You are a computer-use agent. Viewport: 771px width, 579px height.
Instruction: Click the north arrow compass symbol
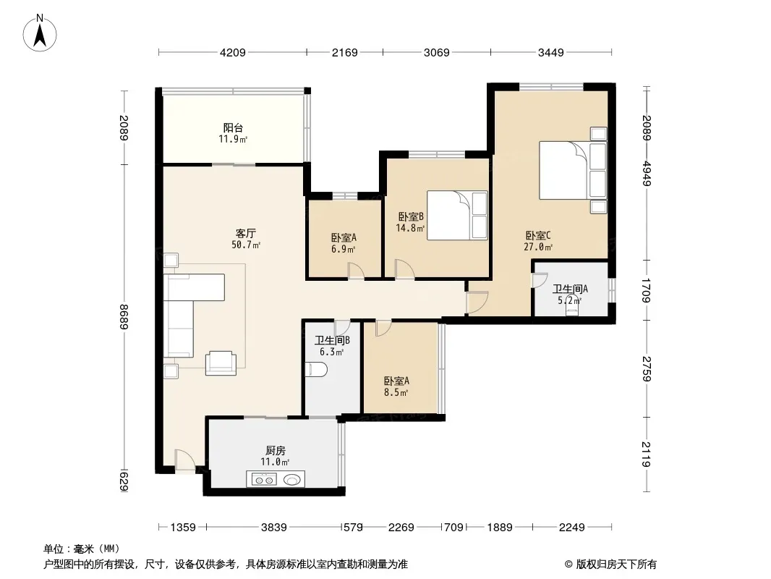(x=40, y=33)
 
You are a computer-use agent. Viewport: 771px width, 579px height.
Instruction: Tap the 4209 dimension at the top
(x=233, y=52)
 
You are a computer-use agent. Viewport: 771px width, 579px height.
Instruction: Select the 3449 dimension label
(x=550, y=52)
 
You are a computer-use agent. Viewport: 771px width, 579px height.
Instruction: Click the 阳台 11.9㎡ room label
(x=233, y=133)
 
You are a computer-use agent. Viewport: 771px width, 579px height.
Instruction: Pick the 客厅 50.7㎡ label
(x=246, y=239)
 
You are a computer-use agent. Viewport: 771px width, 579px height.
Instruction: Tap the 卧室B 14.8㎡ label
(x=411, y=222)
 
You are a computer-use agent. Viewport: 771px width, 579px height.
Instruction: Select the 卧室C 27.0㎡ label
(x=538, y=241)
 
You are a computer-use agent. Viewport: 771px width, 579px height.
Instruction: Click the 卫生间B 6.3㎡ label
(x=332, y=346)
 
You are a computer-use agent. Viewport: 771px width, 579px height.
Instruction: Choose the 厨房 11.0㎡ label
(x=276, y=456)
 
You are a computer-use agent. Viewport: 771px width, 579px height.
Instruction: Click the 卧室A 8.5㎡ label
(x=396, y=386)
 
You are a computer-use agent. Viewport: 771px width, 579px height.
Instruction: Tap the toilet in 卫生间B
(x=316, y=370)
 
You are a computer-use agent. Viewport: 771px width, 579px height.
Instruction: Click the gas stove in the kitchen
(x=264, y=479)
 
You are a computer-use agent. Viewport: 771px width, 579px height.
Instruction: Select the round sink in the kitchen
(x=292, y=479)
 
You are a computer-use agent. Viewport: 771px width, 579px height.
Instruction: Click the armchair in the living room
(x=221, y=363)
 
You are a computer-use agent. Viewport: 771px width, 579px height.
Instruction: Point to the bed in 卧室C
(x=573, y=170)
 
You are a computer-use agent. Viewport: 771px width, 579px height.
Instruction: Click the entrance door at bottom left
(x=185, y=460)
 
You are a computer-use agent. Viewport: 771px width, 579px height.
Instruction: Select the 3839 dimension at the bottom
(x=274, y=528)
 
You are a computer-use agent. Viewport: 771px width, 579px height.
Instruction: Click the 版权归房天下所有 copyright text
(x=610, y=565)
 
